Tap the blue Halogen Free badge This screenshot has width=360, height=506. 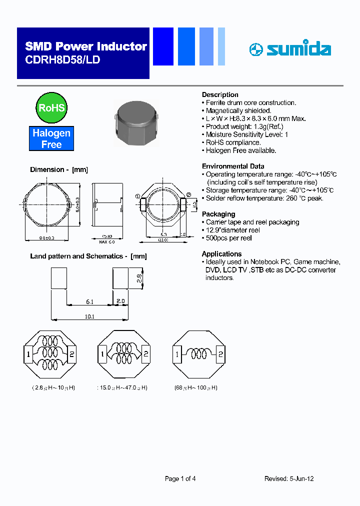click(x=51, y=139)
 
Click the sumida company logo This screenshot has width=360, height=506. click(x=289, y=49)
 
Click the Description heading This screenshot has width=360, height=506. click(x=220, y=94)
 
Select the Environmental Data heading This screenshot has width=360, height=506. click(x=233, y=166)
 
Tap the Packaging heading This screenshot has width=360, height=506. click(x=218, y=214)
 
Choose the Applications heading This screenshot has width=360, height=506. click(x=221, y=254)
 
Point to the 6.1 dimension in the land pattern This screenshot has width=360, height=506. click(x=89, y=301)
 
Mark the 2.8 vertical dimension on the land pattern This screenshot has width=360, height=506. click(x=139, y=277)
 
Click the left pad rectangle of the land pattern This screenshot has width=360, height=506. click(x=59, y=278)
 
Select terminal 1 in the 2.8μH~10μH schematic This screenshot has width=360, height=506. click(x=29, y=355)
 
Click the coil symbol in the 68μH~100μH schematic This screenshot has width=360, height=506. click(x=198, y=355)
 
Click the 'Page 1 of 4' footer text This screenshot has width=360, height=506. click(x=180, y=478)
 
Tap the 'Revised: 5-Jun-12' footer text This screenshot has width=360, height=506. click(x=289, y=478)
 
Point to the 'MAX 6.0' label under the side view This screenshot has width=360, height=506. click(x=106, y=241)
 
